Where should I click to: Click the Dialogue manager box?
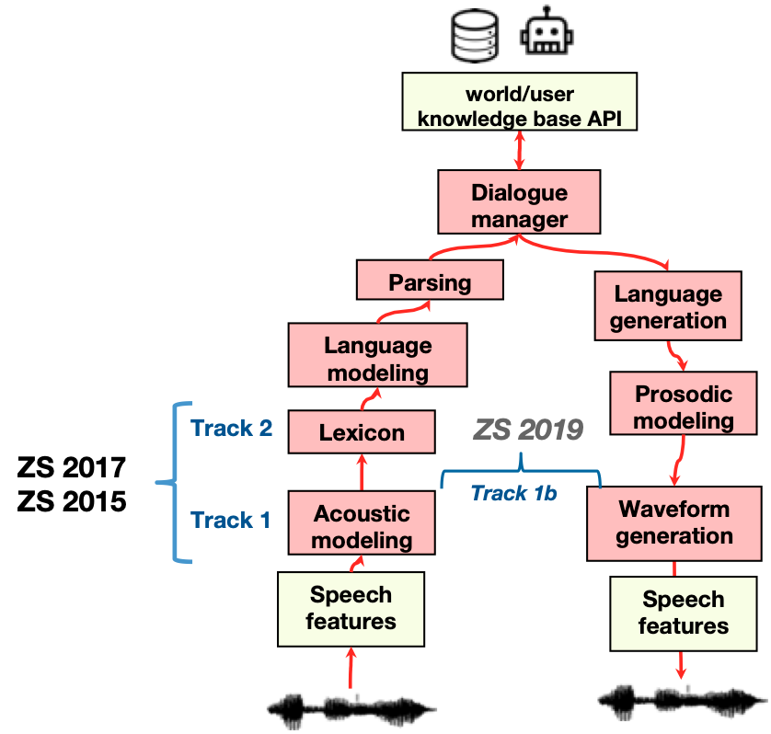tap(519, 206)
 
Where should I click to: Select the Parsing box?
tap(430, 281)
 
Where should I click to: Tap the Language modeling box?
tap(377, 359)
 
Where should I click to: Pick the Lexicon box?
tap(361, 432)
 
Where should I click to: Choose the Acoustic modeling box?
tap(361, 526)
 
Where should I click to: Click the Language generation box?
tap(668, 307)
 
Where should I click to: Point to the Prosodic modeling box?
tap(684, 407)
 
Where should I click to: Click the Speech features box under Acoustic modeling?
tap(351, 608)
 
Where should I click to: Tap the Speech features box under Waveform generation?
tap(683, 613)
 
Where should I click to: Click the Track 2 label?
tap(231, 428)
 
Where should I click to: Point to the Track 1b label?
tap(513, 493)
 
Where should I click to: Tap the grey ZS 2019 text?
tap(528, 429)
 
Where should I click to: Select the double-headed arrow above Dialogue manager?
tap(519, 149)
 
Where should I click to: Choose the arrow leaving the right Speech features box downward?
tap(681, 664)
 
